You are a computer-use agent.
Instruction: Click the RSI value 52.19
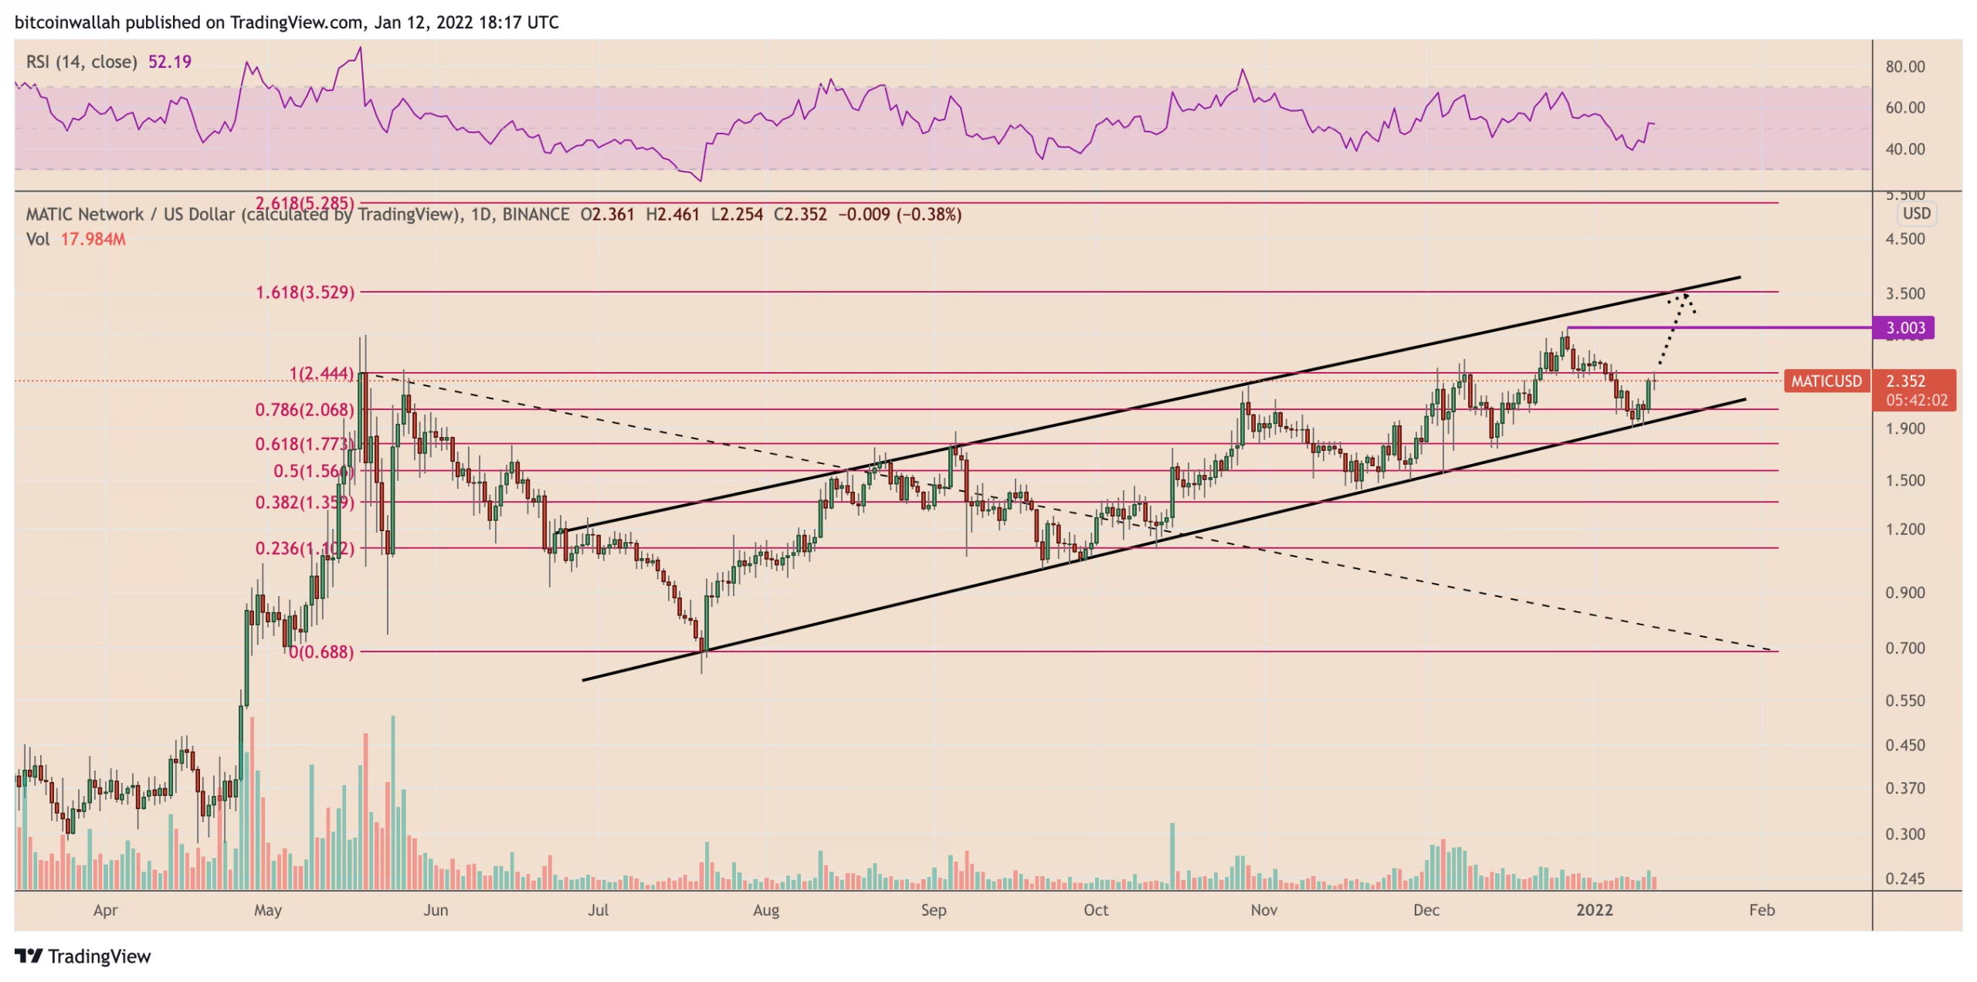click(169, 62)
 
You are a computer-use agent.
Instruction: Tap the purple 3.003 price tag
click(1905, 328)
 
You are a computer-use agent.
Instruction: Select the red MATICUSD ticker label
click(1826, 381)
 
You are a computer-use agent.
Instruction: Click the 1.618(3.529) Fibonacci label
click(305, 293)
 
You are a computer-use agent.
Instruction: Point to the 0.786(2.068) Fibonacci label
click(304, 410)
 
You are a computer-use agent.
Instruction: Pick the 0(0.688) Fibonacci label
click(321, 652)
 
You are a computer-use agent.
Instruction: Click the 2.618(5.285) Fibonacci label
click(304, 203)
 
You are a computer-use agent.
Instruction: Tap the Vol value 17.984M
click(93, 239)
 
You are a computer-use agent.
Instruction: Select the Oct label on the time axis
click(1095, 910)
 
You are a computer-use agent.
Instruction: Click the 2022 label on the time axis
click(1594, 910)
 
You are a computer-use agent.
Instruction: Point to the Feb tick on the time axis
click(1761, 910)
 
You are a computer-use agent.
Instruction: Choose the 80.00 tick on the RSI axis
click(1904, 67)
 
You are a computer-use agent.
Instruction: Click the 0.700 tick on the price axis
click(1904, 648)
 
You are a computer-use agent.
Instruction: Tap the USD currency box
click(1916, 214)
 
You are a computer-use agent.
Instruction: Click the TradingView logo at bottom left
click(83, 957)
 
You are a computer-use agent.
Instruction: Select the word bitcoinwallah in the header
click(67, 22)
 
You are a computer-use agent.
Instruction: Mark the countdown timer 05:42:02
click(1916, 401)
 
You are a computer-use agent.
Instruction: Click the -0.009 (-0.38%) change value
click(900, 215)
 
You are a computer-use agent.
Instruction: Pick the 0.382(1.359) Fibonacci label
click(304, 503)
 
